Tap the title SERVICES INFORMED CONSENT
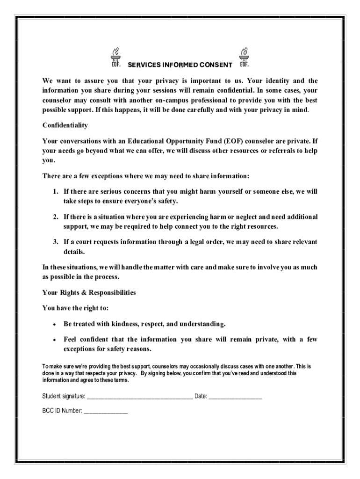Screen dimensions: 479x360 [180, 65]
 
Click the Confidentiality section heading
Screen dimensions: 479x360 [65, 125]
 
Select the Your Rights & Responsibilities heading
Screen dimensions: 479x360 [89, 292]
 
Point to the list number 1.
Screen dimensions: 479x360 [55, 191]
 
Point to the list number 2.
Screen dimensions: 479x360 [55, 217]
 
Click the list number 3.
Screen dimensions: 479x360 [55, 242]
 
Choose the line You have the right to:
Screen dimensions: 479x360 [75, 308]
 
